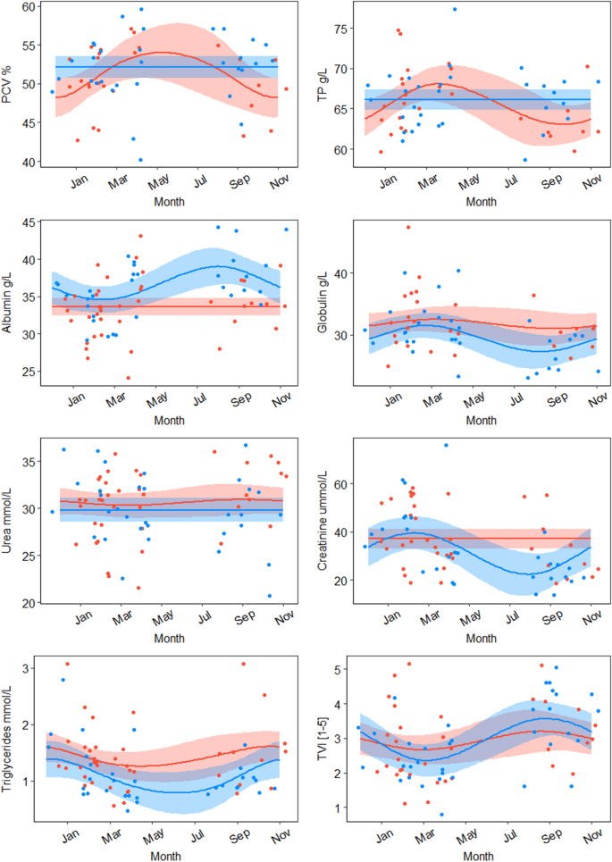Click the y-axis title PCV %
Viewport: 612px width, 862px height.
8,84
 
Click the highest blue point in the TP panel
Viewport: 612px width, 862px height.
454,10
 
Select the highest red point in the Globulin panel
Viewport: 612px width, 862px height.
408,227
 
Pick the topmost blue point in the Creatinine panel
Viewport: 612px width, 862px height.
446,445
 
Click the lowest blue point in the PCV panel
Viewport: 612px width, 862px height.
140,160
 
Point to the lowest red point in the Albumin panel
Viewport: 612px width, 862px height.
129,378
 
